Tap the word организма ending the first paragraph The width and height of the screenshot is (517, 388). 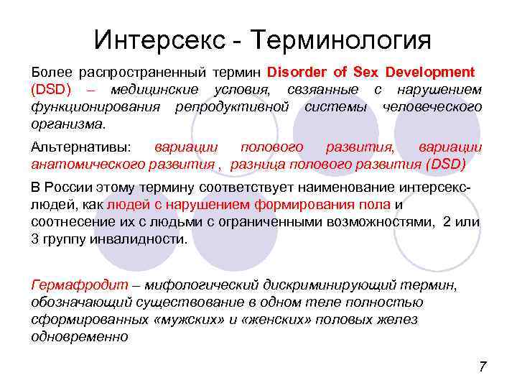point(67,124)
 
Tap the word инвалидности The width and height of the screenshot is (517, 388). point(141,239)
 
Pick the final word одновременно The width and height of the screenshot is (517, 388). point(79,336)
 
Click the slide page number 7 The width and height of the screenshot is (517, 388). point(483,367)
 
